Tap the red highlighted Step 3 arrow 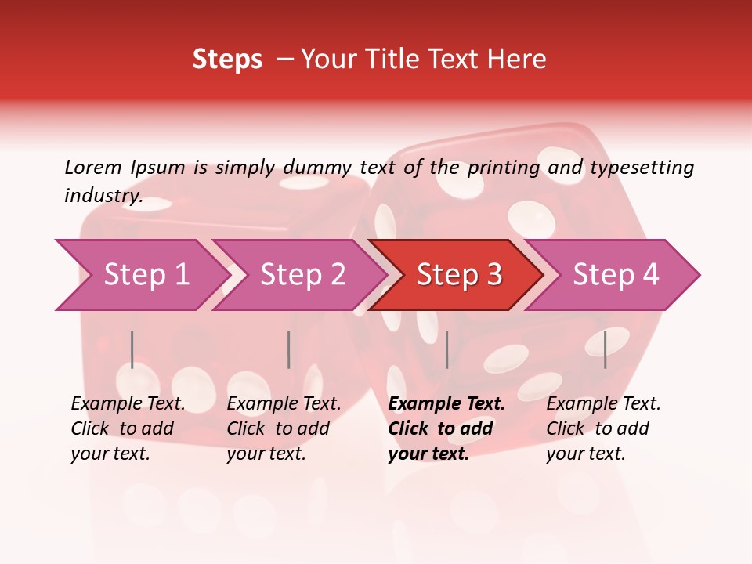pyautogui.click(x=459, y=275)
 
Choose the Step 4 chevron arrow pyautogui.click(x=616, y=275)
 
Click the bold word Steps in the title pyautogui.click(x=227, y=59)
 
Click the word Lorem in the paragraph pyautogui.click(x=93, y=167)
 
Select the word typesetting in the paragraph pyautogui.click(x=642, y=167)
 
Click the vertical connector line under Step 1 pyautogui.click(x=132, y=349)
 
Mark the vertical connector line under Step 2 pyautogui.click(x=288, y=349)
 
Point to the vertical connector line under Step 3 pyautogui.click(x=446, y=349)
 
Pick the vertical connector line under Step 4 pyautogui.click(x=605, y=349)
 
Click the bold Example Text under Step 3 pyautogui.click(x=446, y=404)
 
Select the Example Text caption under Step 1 pyautogui.click(x=128, y=404)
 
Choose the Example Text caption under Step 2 pyautogui.click(x=284, y=404)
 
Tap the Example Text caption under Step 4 pyautogui.click(x=603, y=404)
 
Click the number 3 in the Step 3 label pyautogui.click(x=493, y=275)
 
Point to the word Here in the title pyautogui.click(x=520, y=59)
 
